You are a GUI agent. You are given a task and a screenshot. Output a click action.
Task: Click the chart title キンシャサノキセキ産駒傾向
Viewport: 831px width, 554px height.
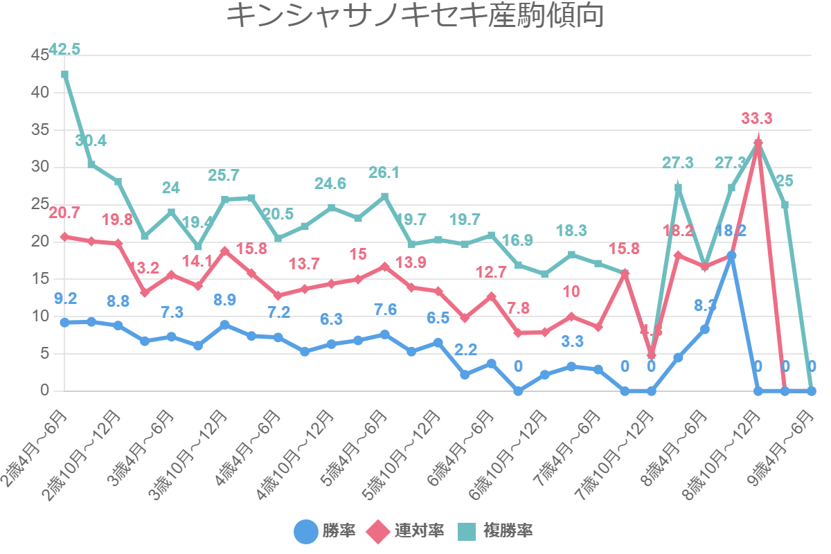[415, 15]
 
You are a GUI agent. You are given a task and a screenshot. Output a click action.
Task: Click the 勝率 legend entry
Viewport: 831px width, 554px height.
[325, 531]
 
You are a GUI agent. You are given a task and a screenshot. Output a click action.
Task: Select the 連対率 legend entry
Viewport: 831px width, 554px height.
[406, 531]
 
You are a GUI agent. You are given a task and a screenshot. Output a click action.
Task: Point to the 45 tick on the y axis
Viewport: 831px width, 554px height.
[40, 55]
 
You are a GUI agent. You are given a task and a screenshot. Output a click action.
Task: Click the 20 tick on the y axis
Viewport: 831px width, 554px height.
[40, 242]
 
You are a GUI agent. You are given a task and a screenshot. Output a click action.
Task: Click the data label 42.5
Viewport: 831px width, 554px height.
[64, 49]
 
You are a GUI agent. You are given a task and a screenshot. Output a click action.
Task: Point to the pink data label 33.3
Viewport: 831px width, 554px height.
[757, 118]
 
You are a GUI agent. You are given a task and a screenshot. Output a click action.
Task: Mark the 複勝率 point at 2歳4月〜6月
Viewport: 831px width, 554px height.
[64, 74]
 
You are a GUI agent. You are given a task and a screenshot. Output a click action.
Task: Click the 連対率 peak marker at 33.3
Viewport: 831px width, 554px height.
[758, 143]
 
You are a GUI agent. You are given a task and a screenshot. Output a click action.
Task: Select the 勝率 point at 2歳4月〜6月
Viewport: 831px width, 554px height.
[64, 323]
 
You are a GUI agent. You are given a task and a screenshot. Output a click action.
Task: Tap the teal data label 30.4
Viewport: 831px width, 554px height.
[91, 141]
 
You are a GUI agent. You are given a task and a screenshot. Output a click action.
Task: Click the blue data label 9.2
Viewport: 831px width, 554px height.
[65, 299]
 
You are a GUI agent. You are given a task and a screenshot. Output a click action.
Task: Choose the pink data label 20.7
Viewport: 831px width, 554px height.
[64, 212]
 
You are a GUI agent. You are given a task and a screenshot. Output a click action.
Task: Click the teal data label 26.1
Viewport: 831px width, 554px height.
[384, 172]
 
